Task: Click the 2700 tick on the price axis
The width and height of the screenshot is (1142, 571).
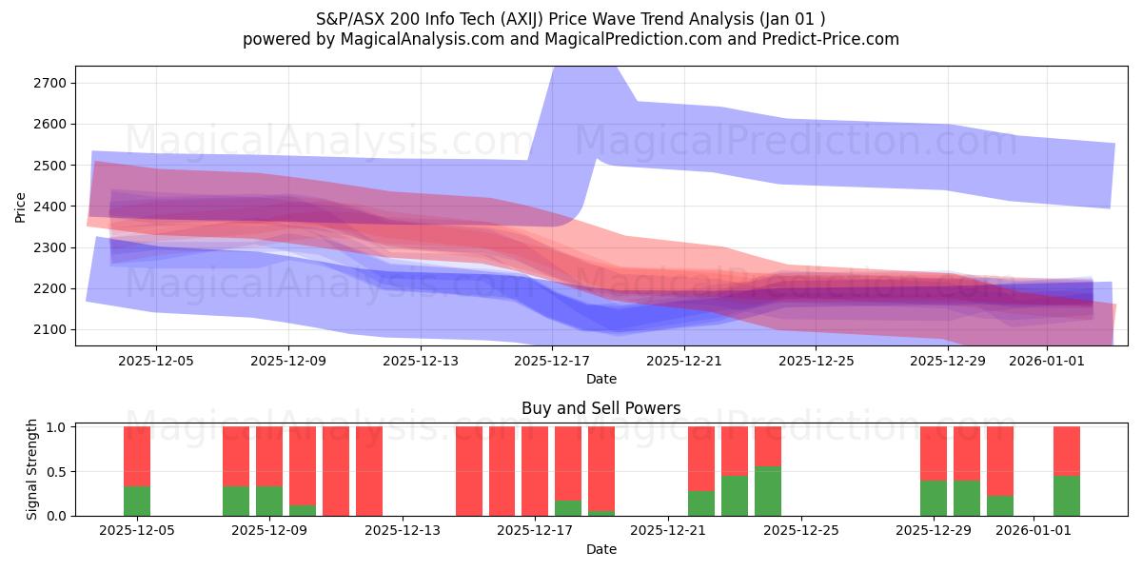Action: [50, 83]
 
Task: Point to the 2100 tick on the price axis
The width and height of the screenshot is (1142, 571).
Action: [50, 329]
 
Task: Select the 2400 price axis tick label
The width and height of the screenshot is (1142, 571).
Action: [50, 207]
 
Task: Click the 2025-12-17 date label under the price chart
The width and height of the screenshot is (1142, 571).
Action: [551, 361]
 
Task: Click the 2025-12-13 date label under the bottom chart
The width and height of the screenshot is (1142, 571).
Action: [403, 530]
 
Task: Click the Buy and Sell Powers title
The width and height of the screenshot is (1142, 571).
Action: [601, 408]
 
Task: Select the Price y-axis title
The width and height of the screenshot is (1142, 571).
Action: [21, 207]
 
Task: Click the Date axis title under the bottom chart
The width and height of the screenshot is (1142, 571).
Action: [601, 549]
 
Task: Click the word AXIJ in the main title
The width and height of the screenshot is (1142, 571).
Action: [504, 19]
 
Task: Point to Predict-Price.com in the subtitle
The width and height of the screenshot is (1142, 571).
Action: [834, 39]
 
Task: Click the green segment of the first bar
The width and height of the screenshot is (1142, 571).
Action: [137, 502]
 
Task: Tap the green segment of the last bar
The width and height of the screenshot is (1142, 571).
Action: [1067, 496]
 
